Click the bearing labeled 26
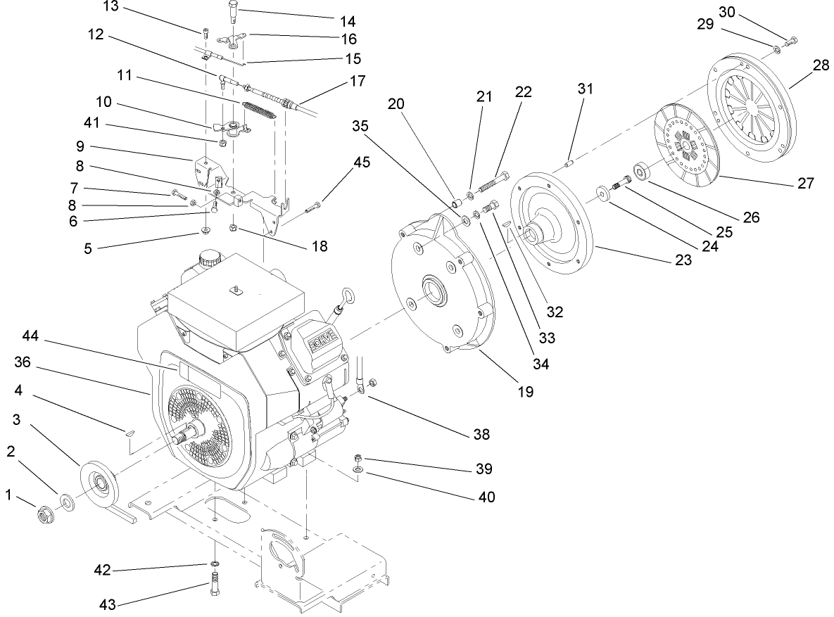(642, 171)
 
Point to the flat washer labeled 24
(603, 192)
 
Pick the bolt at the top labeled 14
(234, 12)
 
